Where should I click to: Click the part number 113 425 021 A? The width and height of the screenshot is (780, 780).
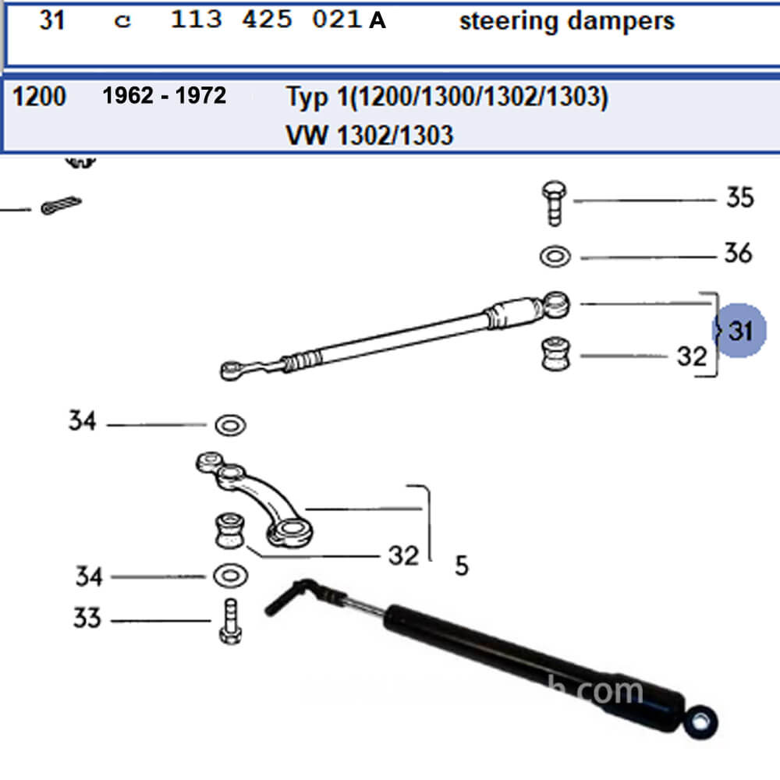[x=278, y=20]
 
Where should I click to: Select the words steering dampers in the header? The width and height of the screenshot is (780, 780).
[x=566, y=21]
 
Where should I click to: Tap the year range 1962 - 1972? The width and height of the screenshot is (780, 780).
[x=165, y=96]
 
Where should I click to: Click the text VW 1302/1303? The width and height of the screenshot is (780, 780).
[x=370, y=135]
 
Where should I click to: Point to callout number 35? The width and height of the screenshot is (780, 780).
[x=739, y=197]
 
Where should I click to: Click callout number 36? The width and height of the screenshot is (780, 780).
[x=738, y=253]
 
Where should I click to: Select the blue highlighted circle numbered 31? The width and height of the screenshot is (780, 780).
[x=739, y=331]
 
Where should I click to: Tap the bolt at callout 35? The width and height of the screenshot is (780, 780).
[x=554, y=202]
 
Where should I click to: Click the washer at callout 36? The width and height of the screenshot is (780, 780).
[x=554, y=256]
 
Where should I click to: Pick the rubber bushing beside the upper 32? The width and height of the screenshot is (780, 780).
[x=555, y=355]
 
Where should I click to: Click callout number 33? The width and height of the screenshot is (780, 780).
[x=87, y=619]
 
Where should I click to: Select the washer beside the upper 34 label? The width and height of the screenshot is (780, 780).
[x=230, y=425]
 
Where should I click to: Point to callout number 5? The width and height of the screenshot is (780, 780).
[x=462, y=565]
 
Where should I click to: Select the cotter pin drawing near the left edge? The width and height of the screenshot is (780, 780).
[x=61, y=206]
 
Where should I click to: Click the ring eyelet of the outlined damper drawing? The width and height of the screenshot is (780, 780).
[x=557, y=303]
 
